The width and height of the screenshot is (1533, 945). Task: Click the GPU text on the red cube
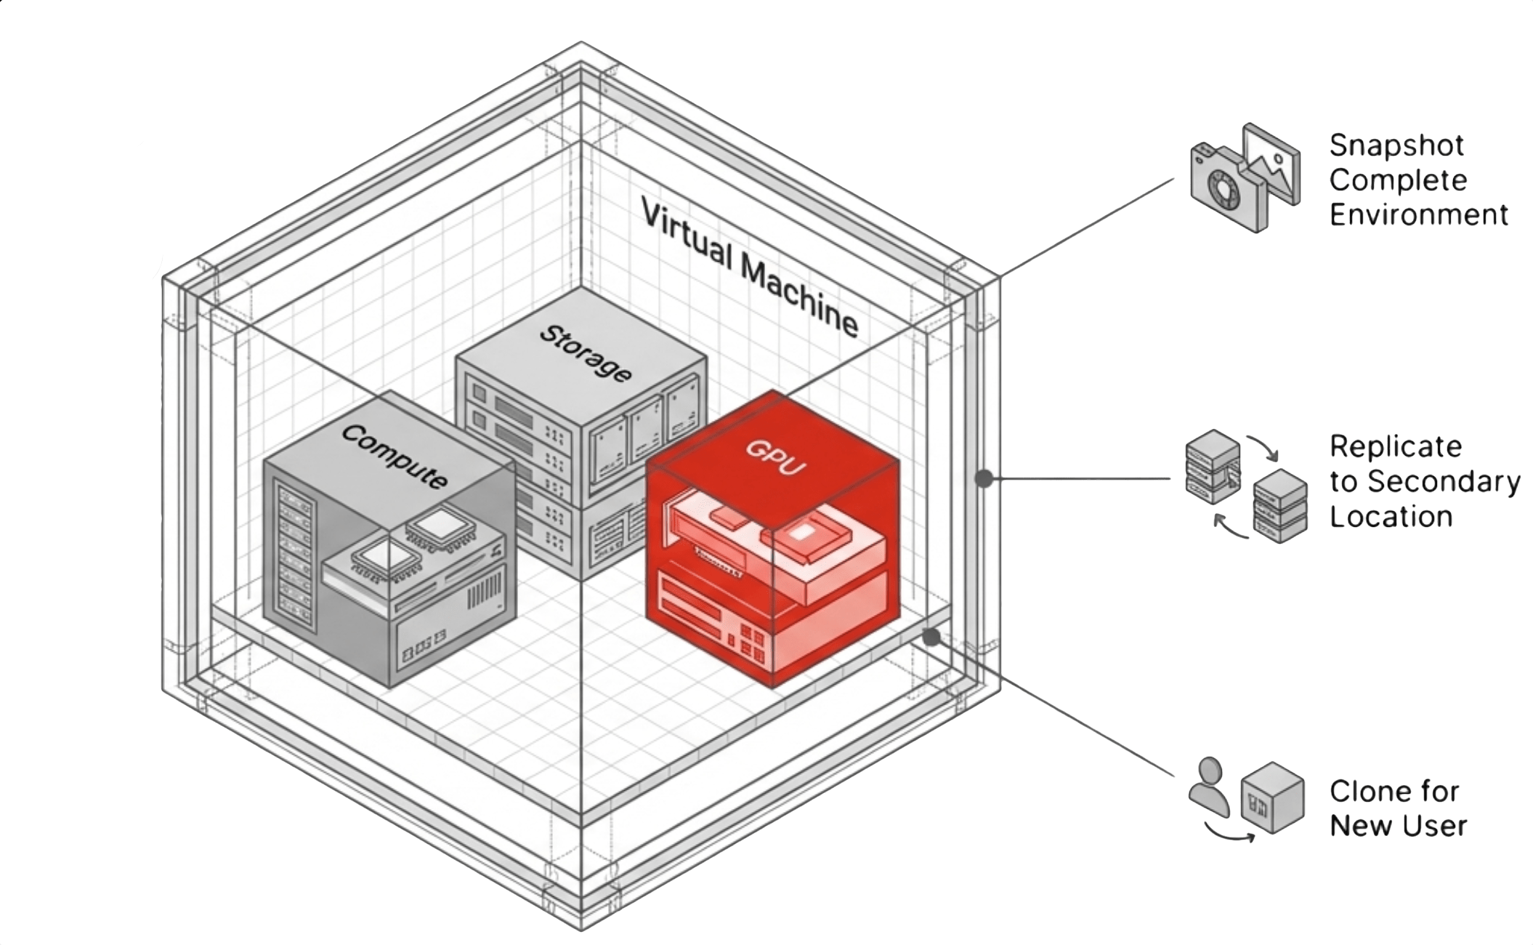pos(776,457)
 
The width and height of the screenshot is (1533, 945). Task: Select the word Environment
pos(1418,215)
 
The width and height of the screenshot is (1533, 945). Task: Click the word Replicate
pos(1395,446)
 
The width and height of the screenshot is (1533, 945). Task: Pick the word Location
pos(1391,517)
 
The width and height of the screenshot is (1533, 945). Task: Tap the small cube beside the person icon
pos(1272,797)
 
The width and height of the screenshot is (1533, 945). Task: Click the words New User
pos(1398,827)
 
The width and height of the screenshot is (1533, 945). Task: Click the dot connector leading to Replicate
pos(983,478)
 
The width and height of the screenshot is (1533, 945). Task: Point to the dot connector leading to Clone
pos(931,638)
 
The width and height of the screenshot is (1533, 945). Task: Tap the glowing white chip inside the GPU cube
pos(800,533)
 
